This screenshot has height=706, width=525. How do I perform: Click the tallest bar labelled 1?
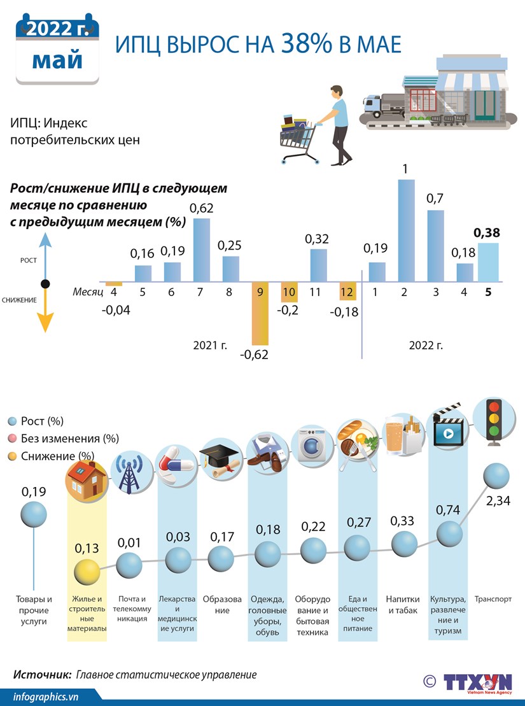point(406,230)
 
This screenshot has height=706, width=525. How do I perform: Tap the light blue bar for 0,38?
point(488,262)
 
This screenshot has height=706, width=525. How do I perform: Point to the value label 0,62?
point(202,208)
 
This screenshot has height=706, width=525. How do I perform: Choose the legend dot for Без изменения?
point(12,439)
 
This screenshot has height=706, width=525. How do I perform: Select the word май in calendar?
point(57,60)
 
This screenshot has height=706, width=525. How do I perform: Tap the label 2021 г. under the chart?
point(210,345)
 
